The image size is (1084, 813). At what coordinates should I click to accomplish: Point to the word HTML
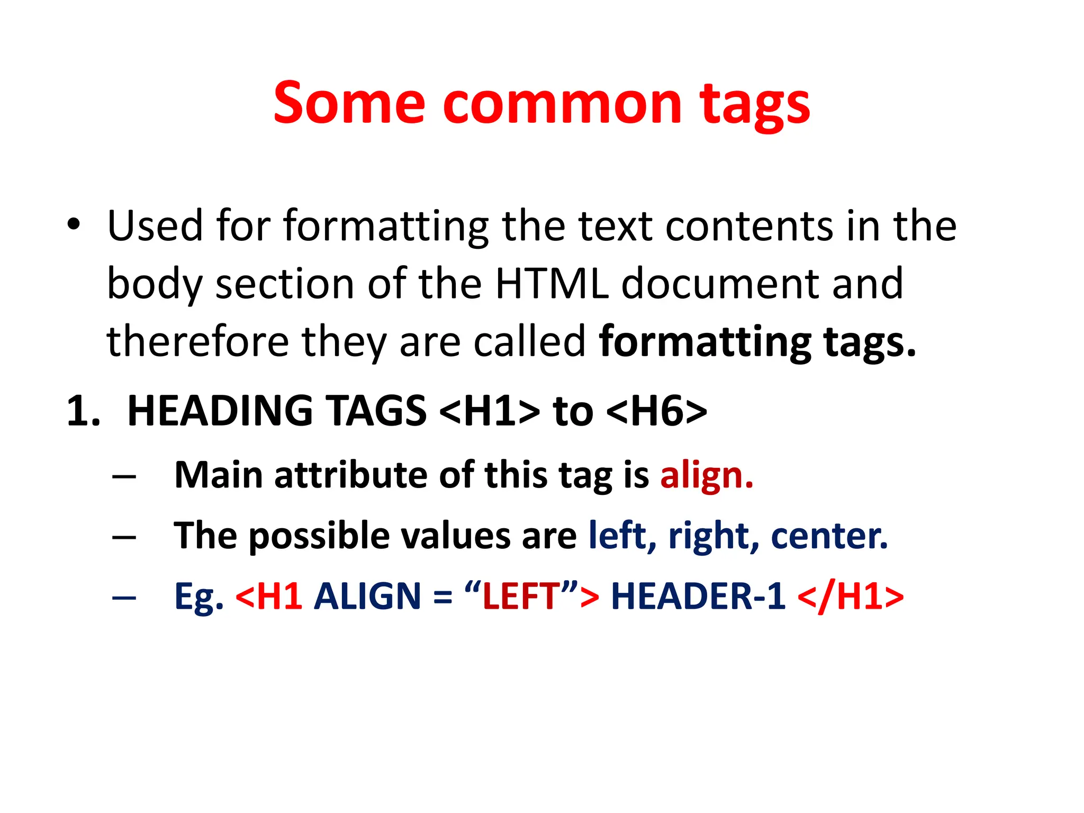point(552,284)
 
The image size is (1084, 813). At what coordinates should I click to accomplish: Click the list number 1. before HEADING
point(84,411)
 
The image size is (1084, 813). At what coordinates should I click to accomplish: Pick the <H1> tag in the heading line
point(490,411)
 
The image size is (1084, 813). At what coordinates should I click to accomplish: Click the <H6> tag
point(656,411)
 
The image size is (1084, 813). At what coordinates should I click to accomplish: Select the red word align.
point(707,475)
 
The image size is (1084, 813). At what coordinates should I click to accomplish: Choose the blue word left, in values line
point(622,536)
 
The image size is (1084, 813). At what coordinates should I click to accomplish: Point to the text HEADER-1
point(698,597)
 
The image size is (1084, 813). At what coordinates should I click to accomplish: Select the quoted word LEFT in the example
point(521,597)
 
